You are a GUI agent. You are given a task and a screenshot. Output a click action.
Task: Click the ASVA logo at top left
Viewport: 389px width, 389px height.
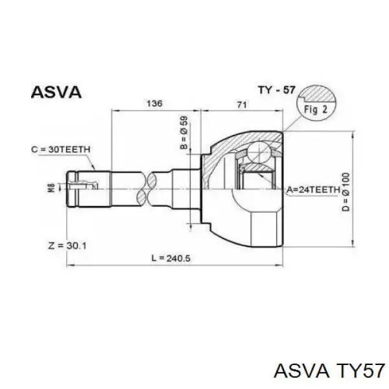pos(56,92)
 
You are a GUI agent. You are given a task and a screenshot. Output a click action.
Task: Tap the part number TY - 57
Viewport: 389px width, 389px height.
pos(277,90)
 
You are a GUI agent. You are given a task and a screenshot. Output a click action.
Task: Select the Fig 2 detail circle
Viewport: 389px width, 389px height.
pos(316,103)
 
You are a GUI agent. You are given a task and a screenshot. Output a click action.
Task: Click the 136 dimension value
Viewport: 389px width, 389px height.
pos(154,103)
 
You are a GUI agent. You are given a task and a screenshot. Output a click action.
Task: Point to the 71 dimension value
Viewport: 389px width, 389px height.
pos(242,104)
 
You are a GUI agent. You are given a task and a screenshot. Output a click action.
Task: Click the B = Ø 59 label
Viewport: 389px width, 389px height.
pos(184,133)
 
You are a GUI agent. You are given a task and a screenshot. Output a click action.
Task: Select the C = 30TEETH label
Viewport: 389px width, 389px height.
pos(61,149)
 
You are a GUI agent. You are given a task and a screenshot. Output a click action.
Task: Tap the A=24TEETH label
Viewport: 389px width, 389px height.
pos(313,190)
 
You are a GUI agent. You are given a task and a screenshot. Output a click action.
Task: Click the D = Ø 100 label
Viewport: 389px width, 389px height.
pos(346,192)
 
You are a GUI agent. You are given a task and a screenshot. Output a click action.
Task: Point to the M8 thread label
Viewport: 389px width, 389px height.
pos(51,188)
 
